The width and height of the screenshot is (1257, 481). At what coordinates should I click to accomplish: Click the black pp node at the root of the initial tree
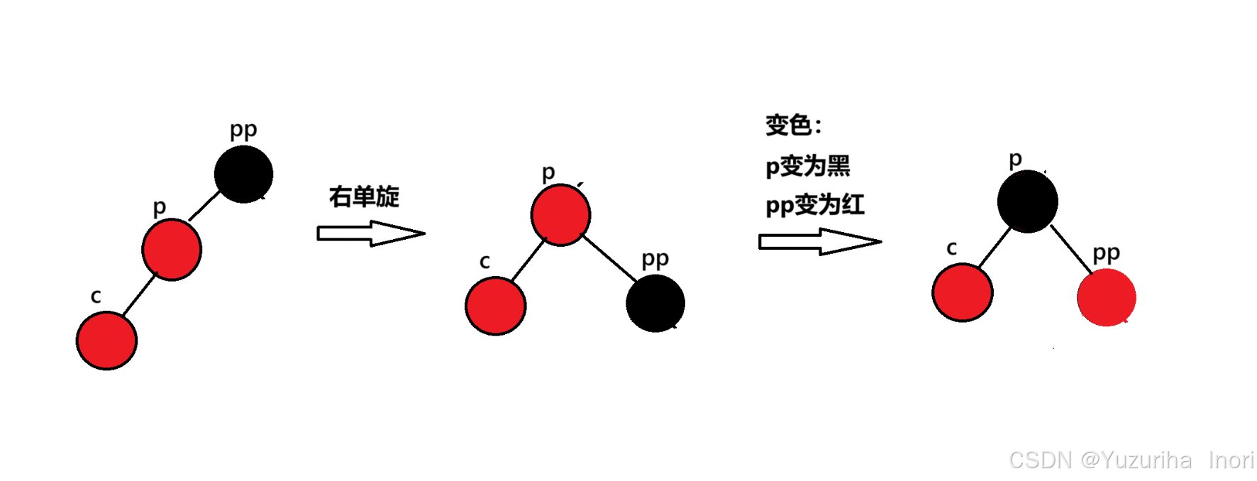[x=243, y=175]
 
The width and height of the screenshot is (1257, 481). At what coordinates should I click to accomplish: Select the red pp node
[x=1106, y=297]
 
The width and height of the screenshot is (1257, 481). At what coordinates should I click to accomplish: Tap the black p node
[x=1027, y=201]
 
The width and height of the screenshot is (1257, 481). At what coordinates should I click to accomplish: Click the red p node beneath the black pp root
[x=172, y=250]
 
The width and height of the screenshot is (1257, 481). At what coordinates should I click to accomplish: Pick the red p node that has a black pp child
[x=560, y=215]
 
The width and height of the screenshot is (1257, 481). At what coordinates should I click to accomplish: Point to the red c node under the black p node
[x=963, y=292]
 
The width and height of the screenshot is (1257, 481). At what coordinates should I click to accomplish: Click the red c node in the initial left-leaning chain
[x=106, y=341]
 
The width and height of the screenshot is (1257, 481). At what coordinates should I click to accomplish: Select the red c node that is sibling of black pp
[x=496, y=306]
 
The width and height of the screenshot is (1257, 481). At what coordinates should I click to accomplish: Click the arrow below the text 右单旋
[x=370, y=233]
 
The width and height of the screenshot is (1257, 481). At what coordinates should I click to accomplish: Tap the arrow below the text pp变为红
[x=819, y=242]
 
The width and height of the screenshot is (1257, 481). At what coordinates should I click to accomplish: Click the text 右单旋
[x=364, y=197]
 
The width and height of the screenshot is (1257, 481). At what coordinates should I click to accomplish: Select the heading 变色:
[x=793, y=126]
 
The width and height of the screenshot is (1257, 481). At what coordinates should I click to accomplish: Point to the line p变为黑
[x=807, y=166]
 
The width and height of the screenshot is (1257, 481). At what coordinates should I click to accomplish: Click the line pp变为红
[x=814, y=205]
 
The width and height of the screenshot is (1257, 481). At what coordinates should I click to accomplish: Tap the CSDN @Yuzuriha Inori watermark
[x=1131, y=460]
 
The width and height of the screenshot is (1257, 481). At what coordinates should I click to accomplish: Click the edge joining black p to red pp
[x=1071, y=250]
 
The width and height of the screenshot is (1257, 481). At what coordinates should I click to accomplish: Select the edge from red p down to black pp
[x=609, y=257]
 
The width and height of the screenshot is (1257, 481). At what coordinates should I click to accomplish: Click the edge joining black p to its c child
[x=994, y=248]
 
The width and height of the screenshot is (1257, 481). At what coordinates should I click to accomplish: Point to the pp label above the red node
[x=1106, y=253]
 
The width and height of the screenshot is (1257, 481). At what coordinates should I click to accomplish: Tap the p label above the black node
[x=1015, y=159]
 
